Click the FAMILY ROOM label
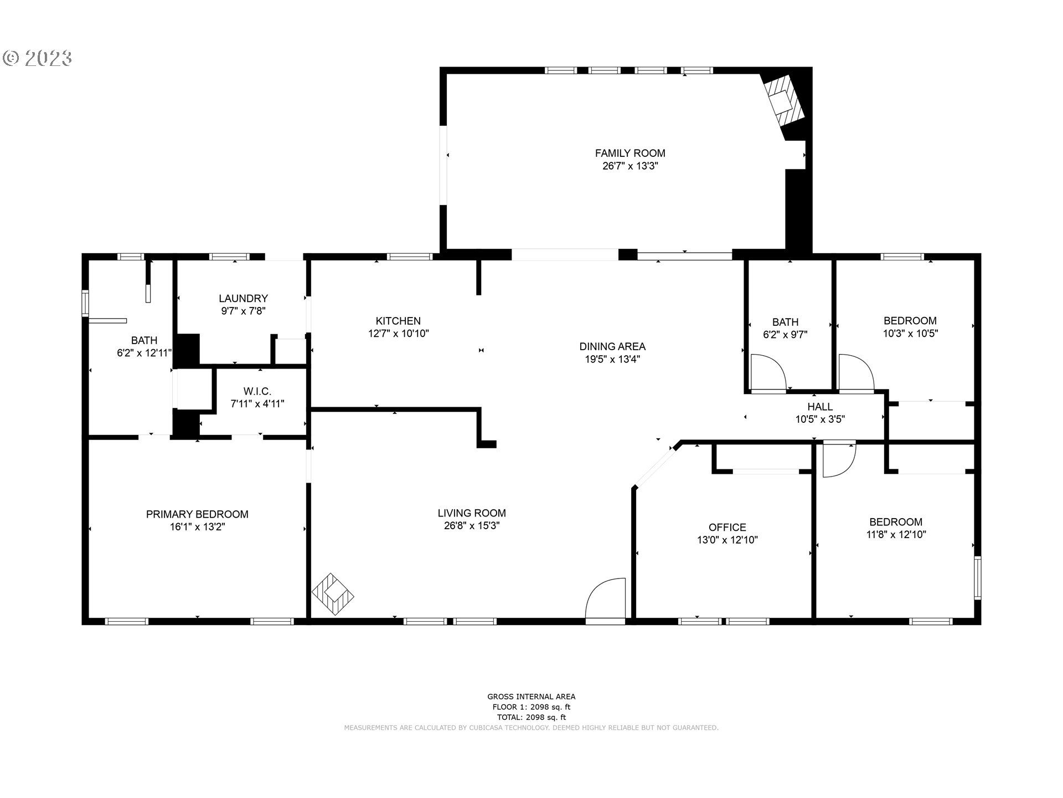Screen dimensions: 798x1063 click(x=630, y=153)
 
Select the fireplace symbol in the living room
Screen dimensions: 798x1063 click(x=333, y=594)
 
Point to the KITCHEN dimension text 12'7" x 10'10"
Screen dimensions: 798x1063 click(x=398, y=334)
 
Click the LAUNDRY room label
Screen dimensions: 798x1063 click(x=243, y=299)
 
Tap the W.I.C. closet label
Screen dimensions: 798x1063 click(x=257, y=391)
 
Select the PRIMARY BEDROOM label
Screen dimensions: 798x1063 click(x=197, y=514)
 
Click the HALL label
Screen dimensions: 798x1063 click(x=819, y=407)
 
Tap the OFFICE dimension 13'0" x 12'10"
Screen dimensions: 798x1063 click(x=727, y=540)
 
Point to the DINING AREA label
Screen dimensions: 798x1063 click(x=612, y=346)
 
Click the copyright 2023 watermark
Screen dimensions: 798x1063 click(x=38, y=58)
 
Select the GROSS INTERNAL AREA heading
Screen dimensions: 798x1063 click(x=531, y=697)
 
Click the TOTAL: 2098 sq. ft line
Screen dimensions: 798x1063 click(x=531, y=717)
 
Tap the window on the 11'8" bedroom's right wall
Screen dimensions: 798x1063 click(x=977, y=577)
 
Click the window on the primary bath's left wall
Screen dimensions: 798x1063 click(x=85, y=303)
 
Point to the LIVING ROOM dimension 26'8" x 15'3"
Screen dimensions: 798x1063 click(x=472, y=526)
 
